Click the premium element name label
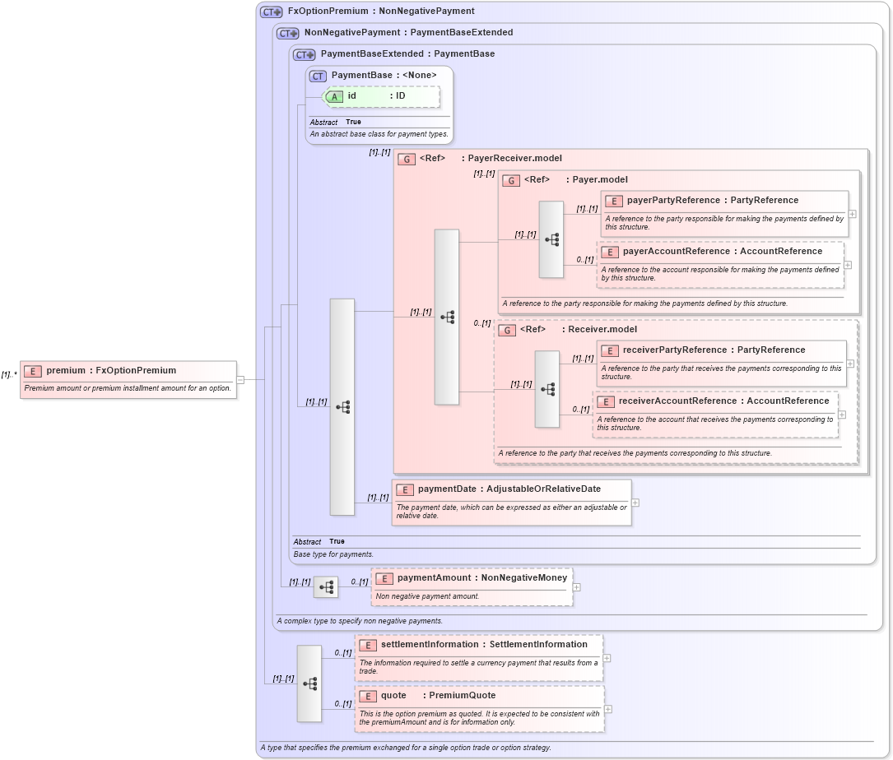click(x=66, y=371)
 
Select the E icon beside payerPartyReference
click(x=613, y=201)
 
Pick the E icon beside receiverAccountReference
click(x=605, y=401)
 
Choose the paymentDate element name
click(x=447, y=489)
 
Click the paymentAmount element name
click(x=434, y=578)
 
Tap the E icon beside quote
click(x=367, y=696)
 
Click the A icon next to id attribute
click(x=334, y=96)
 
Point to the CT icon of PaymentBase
click(x=318, y=76)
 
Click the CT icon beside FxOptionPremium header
click(x=271, y=12)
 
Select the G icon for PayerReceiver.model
click(x=406, y=159)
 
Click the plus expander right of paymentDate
click(x=635, y=503)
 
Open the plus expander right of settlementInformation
click(x=607, y=658)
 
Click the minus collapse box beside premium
click(x=240, y=379)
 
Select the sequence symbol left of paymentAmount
click(x=326, y=587)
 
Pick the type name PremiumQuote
click(x=463, y=696)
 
